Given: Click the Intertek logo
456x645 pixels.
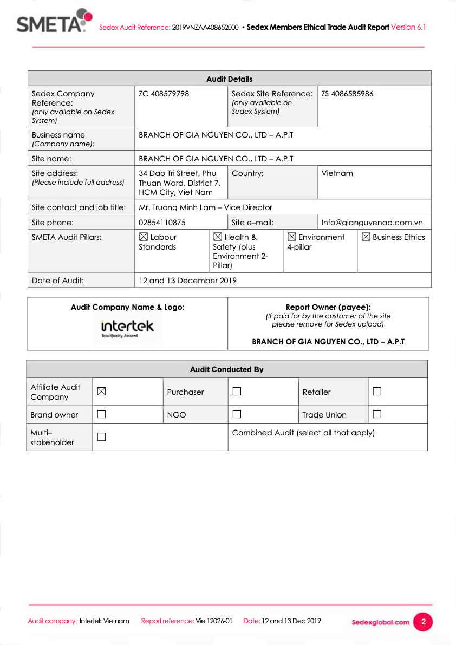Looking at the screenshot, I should (x=127, y=327).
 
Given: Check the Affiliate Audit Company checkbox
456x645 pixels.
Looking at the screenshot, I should (x=101, y=391).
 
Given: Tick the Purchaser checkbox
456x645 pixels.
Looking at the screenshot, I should (x=237, y=391).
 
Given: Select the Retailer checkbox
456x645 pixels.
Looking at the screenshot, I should (x=377, y=391).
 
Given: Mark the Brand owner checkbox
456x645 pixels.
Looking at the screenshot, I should (x=101, y=414).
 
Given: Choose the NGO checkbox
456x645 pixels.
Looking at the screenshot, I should (x=237, y=414).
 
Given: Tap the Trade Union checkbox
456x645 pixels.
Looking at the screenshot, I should (x=377, y=414).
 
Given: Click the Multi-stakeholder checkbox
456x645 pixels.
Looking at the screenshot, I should (x=101, y=437).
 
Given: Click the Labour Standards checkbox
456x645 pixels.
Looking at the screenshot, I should (x=144, y=237).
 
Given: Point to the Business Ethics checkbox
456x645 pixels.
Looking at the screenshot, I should (x=366, y=237).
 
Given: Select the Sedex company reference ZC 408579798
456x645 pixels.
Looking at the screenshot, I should (x=164, y=94).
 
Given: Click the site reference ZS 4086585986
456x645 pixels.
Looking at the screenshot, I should (x=347, y=94).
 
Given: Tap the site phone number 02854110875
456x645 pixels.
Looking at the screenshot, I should (x=162, y=223).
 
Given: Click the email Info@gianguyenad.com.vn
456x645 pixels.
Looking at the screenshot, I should (x=372, y=223).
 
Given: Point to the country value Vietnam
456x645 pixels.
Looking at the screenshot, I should (x=337, y=173).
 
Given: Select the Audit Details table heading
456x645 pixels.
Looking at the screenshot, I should (x=229, y=79).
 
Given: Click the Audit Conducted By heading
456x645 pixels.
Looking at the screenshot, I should (x=226, y=369).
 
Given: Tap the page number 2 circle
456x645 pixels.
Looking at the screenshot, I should (x=423, y=622).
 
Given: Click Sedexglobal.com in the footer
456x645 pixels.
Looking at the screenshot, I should (x=380, y=622).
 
